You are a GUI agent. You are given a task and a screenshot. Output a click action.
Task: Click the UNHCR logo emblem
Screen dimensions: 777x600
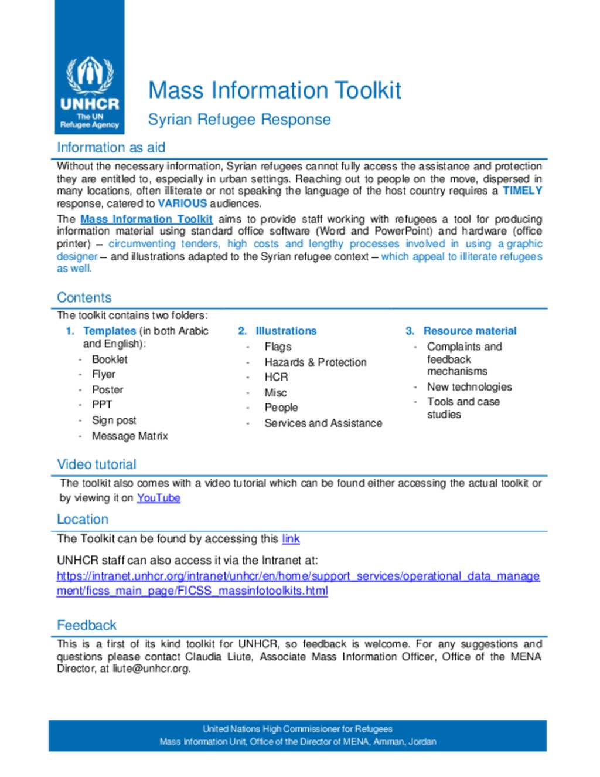[89, 75]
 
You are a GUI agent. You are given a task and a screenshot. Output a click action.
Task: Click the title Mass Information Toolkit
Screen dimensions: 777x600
[274, 90]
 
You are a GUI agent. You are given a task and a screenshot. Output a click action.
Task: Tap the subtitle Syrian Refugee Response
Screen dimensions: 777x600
[239, 120]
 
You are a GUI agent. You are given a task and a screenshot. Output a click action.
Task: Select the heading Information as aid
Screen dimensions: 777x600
[111, 148]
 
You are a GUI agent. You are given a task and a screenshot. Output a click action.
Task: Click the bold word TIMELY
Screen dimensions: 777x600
[522, 191]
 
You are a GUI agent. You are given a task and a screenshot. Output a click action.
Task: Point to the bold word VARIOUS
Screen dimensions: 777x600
[182, 203]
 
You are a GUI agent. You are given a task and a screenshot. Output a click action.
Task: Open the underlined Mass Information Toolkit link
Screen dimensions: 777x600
[146, 219]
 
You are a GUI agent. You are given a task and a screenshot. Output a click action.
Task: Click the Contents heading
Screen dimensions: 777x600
[84, 297]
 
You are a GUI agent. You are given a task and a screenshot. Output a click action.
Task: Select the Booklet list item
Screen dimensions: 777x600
[110, 359]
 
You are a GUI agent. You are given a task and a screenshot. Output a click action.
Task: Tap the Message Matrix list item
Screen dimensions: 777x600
[129, 436]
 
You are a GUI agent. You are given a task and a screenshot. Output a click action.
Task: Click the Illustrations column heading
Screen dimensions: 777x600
[285, 331]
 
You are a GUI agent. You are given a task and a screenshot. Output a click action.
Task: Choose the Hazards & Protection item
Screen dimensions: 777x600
[315, 362]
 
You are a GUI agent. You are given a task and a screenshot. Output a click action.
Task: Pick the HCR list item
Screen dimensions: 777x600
[276, 377]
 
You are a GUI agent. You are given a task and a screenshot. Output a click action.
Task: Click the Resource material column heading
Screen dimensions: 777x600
[469, 331]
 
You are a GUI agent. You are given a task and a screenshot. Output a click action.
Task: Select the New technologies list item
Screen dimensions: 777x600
[469, 387]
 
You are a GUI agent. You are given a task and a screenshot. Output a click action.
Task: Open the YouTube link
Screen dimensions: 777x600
[158, 498]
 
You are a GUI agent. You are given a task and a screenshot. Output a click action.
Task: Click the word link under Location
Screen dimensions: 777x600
[291, 539]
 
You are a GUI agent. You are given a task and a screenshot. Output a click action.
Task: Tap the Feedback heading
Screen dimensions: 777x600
[87, 625]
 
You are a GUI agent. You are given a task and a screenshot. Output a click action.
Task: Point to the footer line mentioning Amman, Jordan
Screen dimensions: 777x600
[298, 742]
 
